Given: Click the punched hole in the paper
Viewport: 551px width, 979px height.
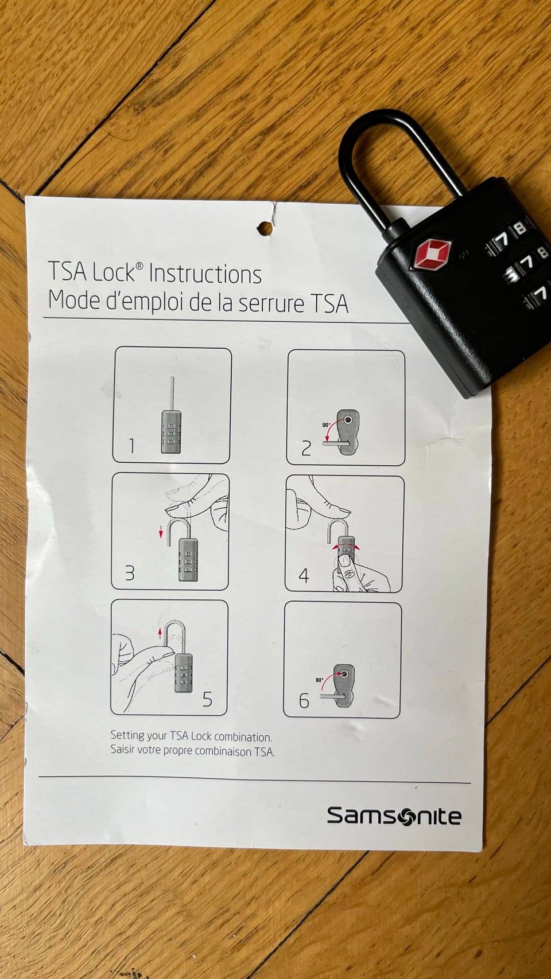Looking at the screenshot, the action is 265,228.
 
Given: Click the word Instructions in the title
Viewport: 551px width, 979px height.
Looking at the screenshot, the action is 205,274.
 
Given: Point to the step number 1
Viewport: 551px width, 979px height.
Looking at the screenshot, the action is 131,446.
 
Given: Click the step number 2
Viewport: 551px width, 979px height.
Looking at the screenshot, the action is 306,448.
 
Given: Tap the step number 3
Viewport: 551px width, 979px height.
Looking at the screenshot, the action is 130,572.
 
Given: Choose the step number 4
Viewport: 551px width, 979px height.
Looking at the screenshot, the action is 304,576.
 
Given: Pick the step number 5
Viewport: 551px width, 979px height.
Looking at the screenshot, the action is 207,699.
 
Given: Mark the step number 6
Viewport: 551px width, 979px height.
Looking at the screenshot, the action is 304,701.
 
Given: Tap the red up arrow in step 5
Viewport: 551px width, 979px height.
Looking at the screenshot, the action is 160,633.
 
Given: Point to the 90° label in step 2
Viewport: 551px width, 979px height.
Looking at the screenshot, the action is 326,424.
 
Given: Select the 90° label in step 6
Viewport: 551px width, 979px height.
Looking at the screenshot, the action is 320,680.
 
